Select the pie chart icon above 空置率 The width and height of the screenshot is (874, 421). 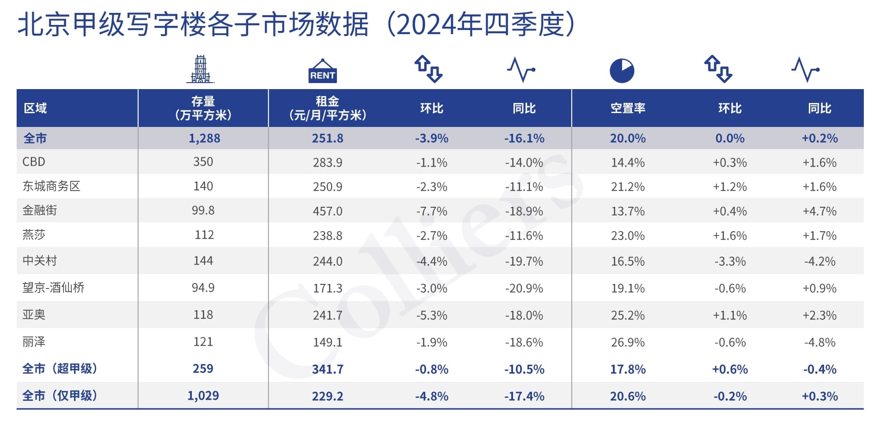622,71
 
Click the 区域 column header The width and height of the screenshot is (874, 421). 35,108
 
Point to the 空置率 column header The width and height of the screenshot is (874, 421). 628,108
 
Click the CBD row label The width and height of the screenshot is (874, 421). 34,162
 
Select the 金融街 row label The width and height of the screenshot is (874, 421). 40,210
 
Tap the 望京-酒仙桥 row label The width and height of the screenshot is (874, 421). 54,288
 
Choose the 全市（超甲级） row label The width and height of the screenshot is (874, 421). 60,369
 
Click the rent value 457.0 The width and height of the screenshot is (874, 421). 328,211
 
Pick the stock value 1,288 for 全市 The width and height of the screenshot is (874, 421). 204,138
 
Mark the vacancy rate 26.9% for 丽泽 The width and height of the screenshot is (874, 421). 628,343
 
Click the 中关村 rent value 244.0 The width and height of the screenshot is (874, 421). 328,262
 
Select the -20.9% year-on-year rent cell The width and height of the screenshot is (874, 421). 524,289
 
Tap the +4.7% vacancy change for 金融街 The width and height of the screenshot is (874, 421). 819,211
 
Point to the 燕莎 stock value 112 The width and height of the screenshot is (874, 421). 204,235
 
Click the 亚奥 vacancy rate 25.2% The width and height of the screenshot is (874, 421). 628,316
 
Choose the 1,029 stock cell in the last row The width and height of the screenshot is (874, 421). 203,396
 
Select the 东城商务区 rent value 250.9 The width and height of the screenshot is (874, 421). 328,187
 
